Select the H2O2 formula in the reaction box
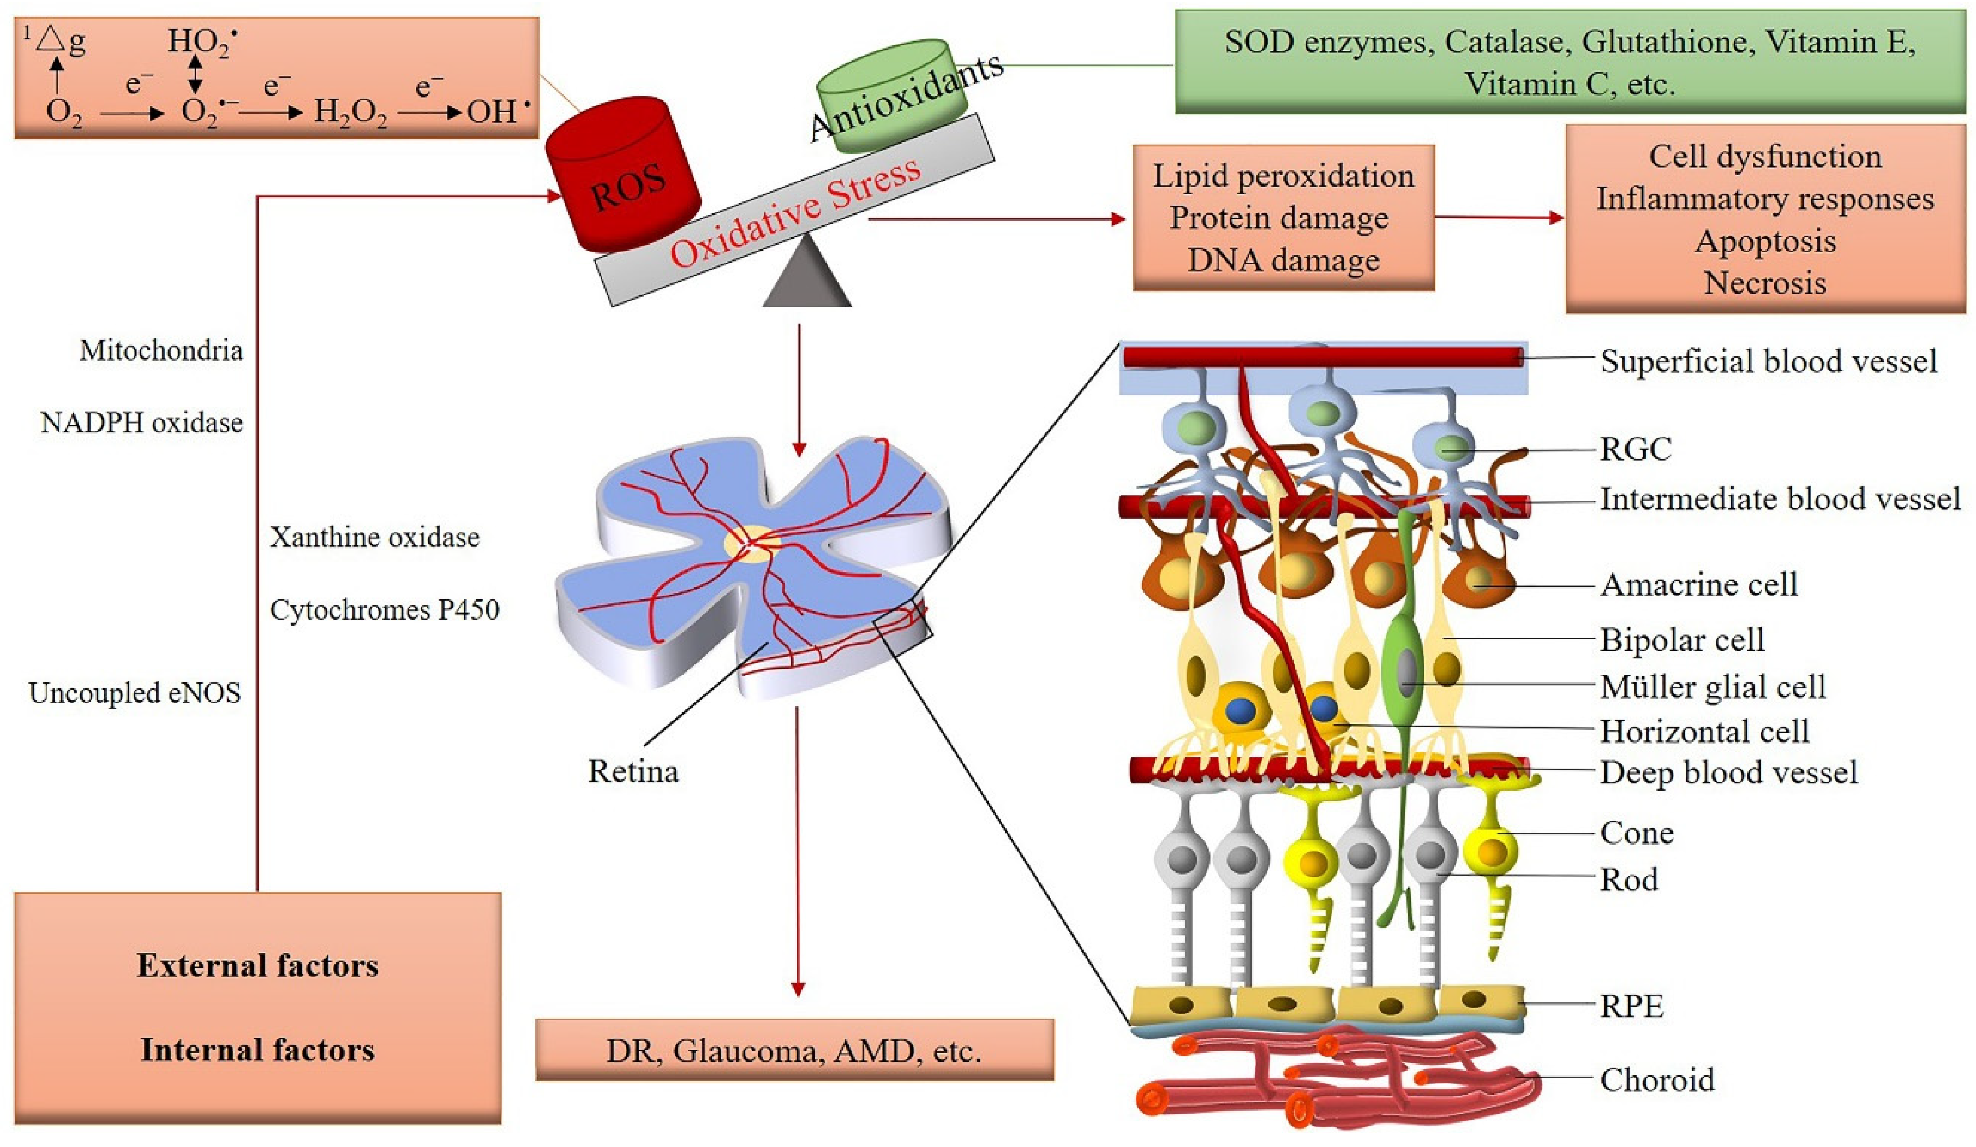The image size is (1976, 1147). pos(350,113)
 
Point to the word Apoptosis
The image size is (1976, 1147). pos(1765,241)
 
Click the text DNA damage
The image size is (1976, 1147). pos(1283,260)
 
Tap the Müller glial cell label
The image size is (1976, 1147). pos(1712,686)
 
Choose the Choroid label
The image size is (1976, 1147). pos(1657,1080)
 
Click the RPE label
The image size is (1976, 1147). pos(1631,1006)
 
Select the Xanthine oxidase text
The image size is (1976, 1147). pos(374,537)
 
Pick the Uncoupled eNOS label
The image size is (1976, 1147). pos(135,693)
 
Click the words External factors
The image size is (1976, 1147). pos(257,966)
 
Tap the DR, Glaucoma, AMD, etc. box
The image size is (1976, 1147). pos(794,1050)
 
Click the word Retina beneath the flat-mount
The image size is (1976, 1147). pos(633,772)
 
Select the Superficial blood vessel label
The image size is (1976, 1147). pos(1768,361)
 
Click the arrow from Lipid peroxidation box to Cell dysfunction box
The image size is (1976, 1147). pos(1498,218)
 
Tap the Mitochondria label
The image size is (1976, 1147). pos(161,350)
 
